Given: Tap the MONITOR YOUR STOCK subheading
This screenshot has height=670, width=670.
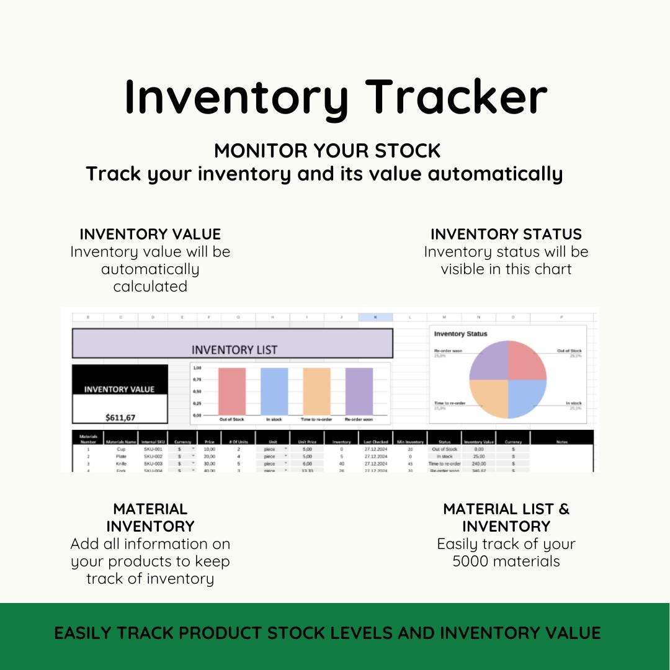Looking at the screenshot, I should point(327,151).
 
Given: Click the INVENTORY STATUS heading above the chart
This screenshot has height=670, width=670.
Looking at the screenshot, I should point(506,234).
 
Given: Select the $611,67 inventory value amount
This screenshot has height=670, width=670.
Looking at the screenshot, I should point(120,417).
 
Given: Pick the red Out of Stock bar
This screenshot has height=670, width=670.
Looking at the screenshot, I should point(231,391).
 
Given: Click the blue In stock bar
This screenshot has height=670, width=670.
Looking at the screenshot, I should point(274,391).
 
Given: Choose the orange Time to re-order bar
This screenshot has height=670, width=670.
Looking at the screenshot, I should point(316,391).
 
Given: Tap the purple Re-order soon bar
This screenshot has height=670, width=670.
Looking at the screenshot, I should point(359,391).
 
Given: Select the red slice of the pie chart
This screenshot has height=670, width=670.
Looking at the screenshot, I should point(526,362).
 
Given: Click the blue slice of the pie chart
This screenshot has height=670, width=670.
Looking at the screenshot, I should point(526,398).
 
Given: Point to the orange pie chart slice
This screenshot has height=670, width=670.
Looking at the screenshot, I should point(489,398).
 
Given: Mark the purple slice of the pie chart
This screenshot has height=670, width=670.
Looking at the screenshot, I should point(489,362).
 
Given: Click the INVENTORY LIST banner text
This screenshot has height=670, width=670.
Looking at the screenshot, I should point(234,350).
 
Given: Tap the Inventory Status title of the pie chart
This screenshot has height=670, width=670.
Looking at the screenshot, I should point(461,334).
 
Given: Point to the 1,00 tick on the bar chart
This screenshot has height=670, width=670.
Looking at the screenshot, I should point(198,368).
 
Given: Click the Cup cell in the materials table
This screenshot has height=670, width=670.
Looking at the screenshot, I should point(121,449).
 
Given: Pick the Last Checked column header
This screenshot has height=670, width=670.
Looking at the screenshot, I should point(376,442).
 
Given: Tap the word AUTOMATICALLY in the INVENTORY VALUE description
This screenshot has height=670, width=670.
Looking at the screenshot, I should point(150,269).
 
